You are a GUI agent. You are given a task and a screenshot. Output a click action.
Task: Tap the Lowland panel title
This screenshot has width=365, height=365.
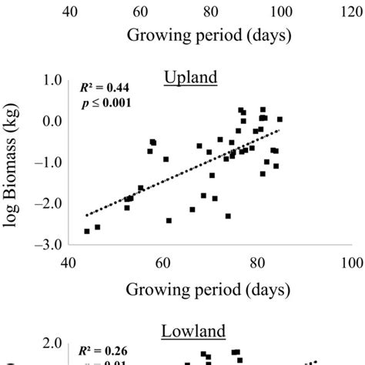coord(193,332)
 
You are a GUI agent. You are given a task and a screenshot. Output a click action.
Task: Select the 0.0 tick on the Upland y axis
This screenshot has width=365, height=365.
coord(52,122)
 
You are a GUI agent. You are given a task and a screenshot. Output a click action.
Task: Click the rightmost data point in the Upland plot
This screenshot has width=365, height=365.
coord(280,119)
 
